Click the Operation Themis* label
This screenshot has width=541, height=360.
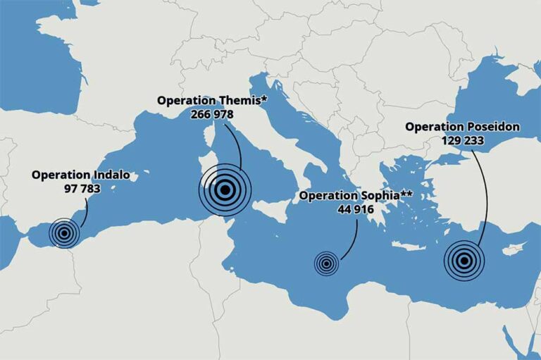click(212, 100)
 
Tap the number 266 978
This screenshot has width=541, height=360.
click(211, 113)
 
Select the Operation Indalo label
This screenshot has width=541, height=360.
click(80, 175)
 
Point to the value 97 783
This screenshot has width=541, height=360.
click(82, 188)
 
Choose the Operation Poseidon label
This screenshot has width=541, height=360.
click(462, 127)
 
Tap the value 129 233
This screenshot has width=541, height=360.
click(462, 140)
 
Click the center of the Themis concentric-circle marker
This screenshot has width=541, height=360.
click(225, 189)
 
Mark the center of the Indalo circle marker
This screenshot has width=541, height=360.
click(64, 233)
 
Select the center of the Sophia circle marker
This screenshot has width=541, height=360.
click(326, 264)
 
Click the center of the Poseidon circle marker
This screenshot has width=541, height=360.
click(464, 261)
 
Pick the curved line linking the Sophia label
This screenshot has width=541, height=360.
click(352, 240)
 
